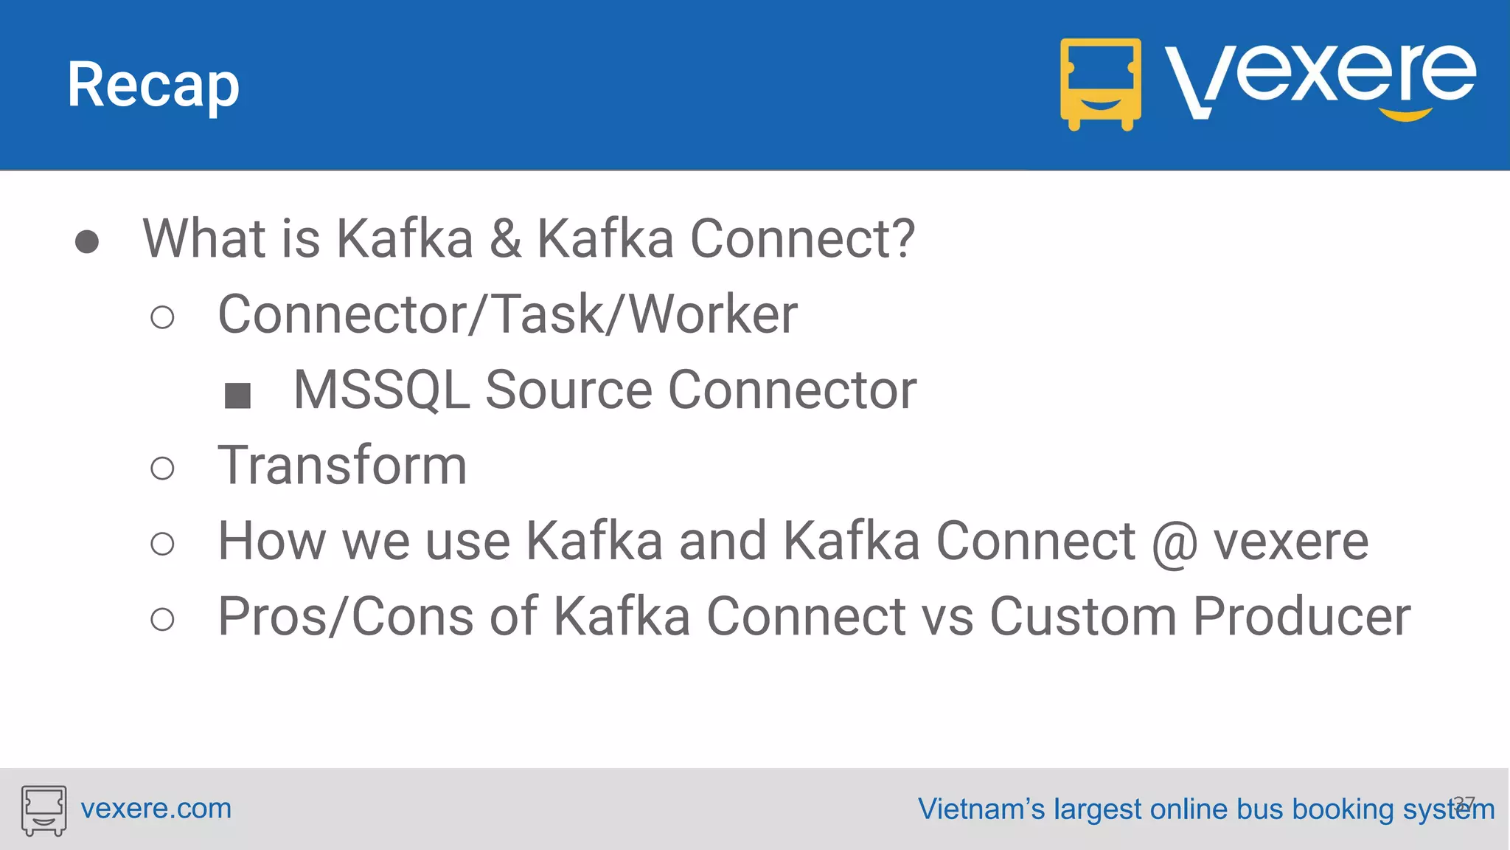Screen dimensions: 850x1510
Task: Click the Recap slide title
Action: [153, 86]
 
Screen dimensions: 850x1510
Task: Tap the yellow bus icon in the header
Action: [1100, 83]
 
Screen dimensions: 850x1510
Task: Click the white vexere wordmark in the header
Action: [1320, 74]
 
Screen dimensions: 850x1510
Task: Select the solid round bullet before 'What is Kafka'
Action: [87, 241]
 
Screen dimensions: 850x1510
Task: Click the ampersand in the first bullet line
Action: [505, 239]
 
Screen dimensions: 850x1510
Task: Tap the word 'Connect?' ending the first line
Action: [802, 239]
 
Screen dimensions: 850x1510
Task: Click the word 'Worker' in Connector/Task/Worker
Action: [713, 315]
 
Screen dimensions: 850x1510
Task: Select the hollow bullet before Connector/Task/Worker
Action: [162, 318]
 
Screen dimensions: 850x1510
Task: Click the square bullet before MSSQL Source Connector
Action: [237, 395]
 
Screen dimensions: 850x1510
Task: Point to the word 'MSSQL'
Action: [381, 390]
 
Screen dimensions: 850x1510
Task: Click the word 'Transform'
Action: [342, 466]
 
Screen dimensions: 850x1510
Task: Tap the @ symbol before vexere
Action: [1175, 543]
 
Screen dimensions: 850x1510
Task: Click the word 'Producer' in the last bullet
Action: [1301, 617]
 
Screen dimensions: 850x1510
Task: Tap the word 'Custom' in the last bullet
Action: [1082, 617]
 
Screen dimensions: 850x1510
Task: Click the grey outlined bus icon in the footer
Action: [44, 810]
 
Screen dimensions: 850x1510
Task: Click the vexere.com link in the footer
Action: [156, 809]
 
